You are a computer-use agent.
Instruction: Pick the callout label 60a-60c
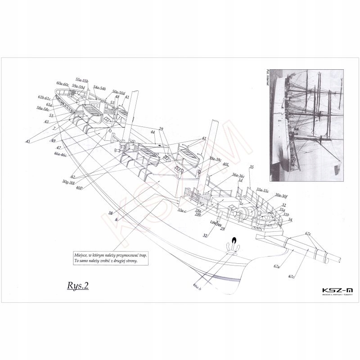click(63, 84)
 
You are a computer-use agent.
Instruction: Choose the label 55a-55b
click(82, 80)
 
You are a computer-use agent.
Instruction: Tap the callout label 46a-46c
click(60, 154)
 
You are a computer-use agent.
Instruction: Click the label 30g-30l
click(68, 182)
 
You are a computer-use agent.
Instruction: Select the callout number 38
click(110, 213)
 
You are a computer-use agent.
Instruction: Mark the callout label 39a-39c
click(215, 158)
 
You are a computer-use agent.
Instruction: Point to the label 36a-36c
click(238, 175)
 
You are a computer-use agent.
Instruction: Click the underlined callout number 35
click(251, 167)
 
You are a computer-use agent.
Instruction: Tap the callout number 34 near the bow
click(290, 220)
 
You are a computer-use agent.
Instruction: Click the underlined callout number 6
click(116, 219)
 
